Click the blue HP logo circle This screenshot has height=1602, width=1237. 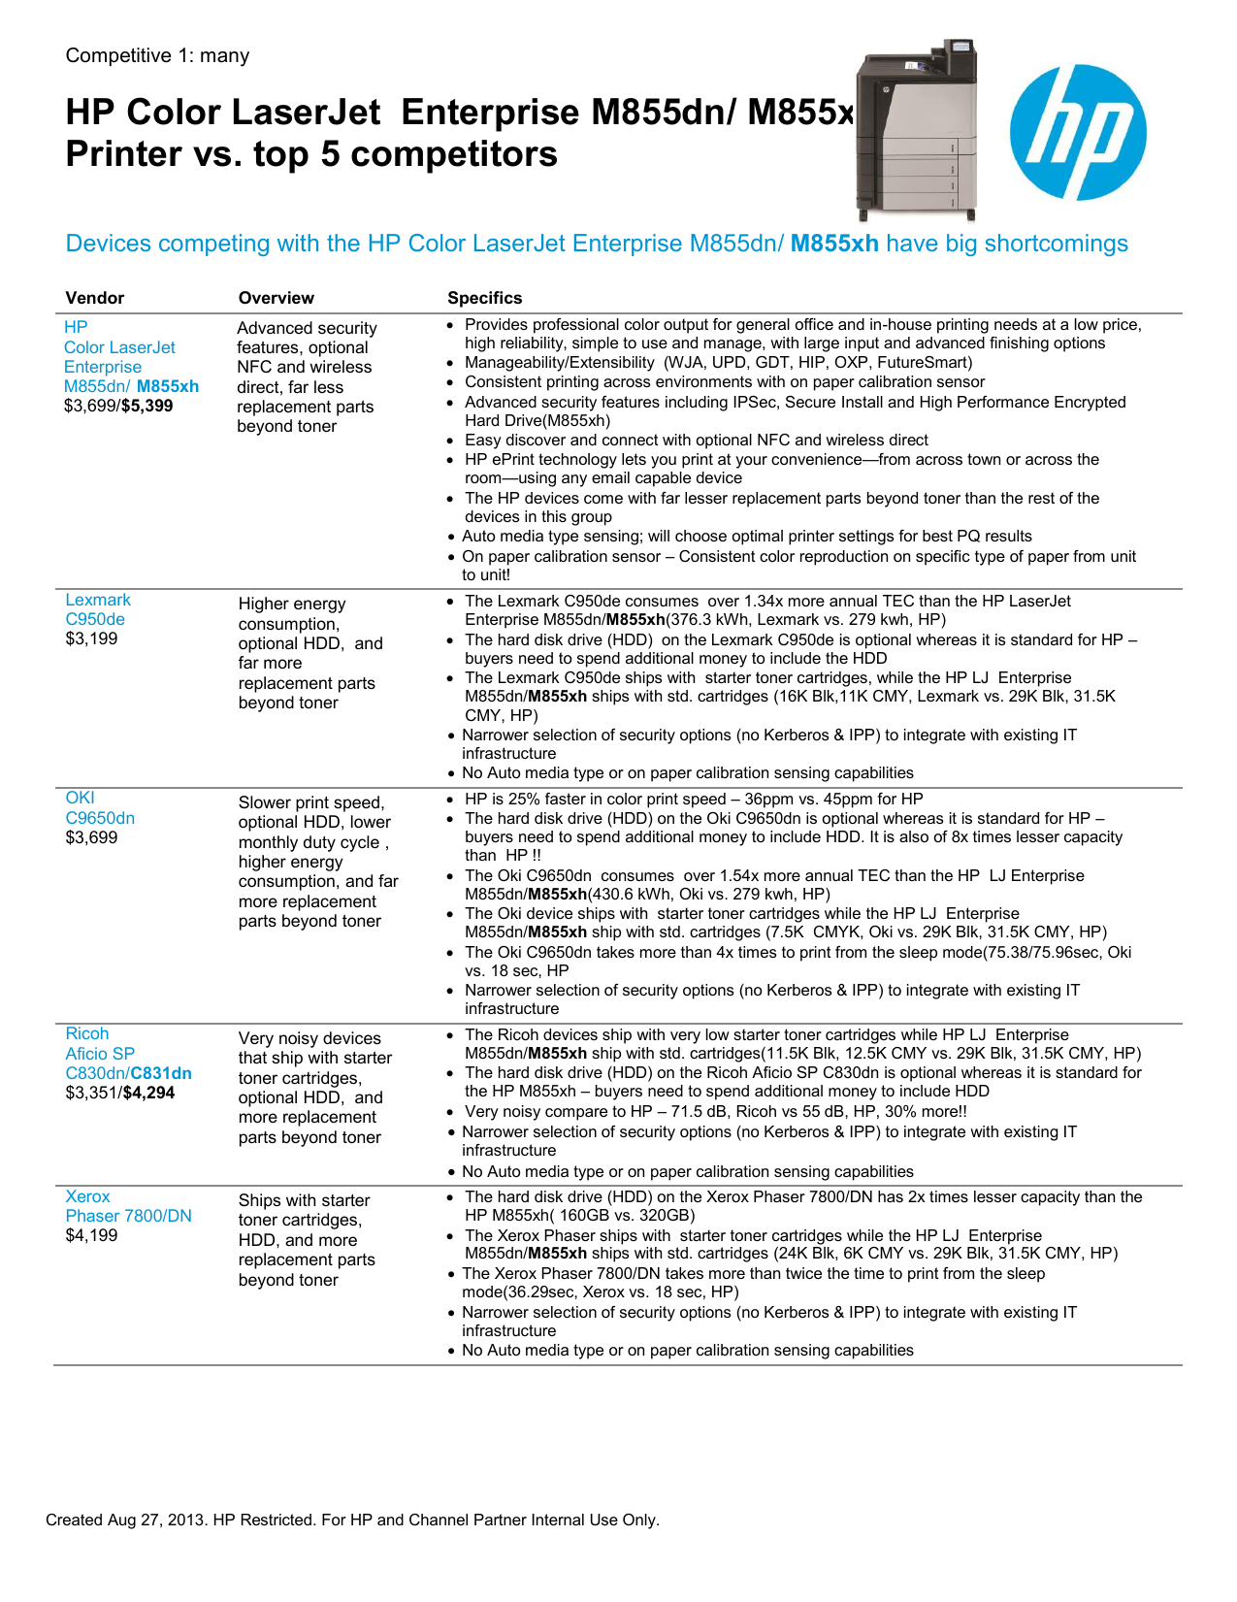(x=1077, y=133)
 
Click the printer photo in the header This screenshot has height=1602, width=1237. (x=916, y=130)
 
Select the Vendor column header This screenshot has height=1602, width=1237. (x=95, y=298)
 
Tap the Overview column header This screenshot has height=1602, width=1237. (x=277, y=298)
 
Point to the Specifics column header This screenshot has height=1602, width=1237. (x=484, y=298)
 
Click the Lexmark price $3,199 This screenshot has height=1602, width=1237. (x=91, y=638)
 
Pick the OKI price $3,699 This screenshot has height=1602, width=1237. (x=91, y=837)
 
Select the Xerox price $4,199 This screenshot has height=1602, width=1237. (x=91, y=1235)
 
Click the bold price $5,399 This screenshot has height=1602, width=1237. (x=147, y=406)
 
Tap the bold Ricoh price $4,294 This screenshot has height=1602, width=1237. (x=148, y=1093)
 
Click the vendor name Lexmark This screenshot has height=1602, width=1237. (x=98, y=600)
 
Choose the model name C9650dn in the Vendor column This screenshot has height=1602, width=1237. (x=100, y=818)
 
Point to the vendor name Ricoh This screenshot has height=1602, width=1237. (x=87, y=1033)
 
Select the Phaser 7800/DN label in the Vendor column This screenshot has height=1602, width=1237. (x=129, y=1216)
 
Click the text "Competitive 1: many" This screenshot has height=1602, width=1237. (x=157, y=55)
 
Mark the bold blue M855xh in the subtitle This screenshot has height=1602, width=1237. (x=834, y=244)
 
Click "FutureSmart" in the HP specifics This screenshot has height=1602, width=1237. (x=922, y=362)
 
